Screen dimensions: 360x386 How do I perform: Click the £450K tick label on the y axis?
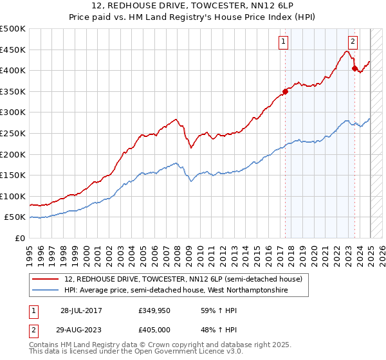pos(14,50)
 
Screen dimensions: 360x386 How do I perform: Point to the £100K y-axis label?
pos(14,196)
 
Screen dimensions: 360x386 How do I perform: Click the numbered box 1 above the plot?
pos(283,42)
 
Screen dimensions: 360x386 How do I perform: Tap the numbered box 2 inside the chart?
pos(353,42)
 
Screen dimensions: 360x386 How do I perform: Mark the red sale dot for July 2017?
pos(285,91)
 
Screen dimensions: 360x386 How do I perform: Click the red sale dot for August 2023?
pos(354,67)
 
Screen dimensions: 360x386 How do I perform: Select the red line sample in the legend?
pos(46,278)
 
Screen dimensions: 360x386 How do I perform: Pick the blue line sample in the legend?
pos(46,291)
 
